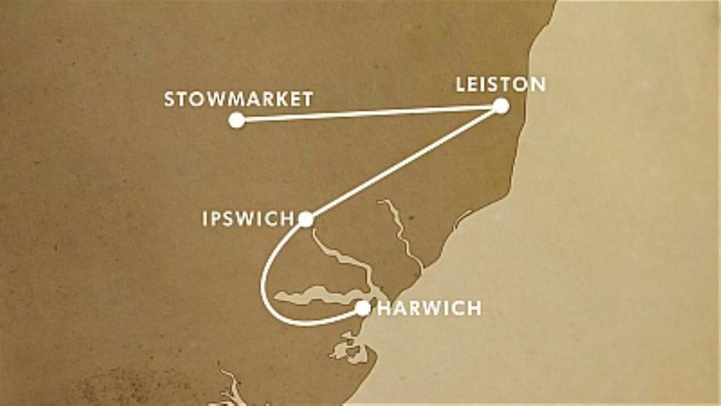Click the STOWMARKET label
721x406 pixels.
(238, 100)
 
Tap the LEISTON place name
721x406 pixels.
(500, 85)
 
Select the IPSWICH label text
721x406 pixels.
(248, 219)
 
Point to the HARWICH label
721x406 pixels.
(429, 308)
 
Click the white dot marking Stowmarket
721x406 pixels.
(237, 120)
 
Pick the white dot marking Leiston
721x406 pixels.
(501, 106)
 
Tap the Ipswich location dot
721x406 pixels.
(306, 219)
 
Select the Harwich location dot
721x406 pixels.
(363, 308)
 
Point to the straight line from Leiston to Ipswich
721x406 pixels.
(403, 162)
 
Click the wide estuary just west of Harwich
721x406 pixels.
(315, 295)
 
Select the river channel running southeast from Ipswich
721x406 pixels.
(344, 259)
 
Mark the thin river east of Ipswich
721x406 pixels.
(401, 231)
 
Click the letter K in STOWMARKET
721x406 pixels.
(275, 100)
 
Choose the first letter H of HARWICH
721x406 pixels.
(384, 308)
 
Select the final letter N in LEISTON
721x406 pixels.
(537, 85)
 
